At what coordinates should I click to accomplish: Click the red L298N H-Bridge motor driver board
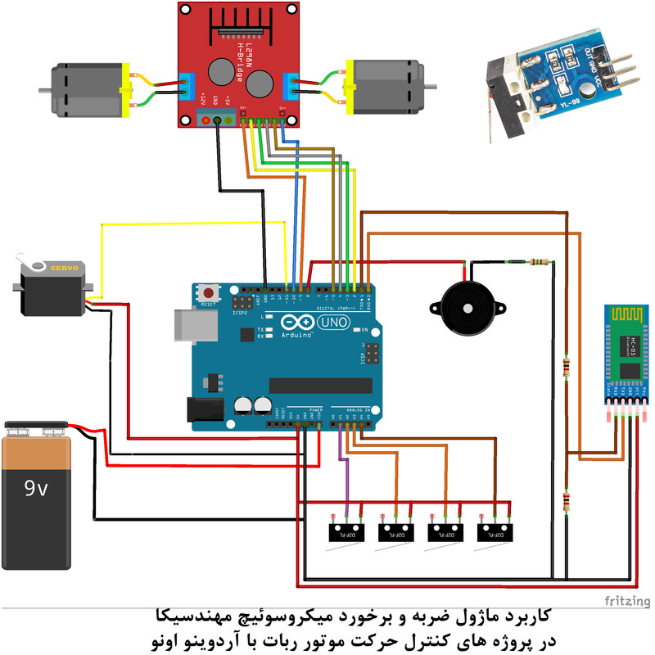[x=237, y=65]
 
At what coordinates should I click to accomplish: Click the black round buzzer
[x=462, y=308]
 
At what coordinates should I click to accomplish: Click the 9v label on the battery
[x=36, y=489]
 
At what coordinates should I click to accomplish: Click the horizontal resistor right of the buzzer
[x=539, y=262]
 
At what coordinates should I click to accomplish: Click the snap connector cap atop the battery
[x=36, y=427]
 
